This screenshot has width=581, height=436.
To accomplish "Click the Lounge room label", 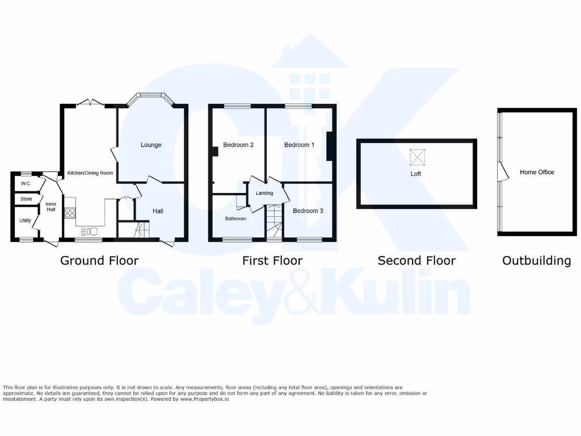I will coord(151,145).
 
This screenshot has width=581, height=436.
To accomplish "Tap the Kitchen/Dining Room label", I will coord(90,173).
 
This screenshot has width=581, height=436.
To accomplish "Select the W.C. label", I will coord(26,184).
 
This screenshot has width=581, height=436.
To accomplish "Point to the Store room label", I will coord(26,199).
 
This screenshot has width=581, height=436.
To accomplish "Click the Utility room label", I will coord(25,220).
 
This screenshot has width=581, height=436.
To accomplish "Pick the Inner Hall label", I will coord(51,206).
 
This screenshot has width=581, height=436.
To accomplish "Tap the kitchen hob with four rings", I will coord(71,213).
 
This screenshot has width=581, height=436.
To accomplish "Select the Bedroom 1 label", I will coord(299,145).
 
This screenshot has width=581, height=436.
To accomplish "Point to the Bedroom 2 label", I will coord(238,145).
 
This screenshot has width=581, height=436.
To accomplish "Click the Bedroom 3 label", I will coord(308,211).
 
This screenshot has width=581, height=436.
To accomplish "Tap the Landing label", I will coord(264,193).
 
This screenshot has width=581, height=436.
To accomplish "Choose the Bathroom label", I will coord(235,219).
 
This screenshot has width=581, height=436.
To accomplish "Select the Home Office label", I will coord(537,172).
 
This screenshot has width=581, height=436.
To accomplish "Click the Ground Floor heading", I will coord(99,261).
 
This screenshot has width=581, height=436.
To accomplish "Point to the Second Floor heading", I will coord(416,261).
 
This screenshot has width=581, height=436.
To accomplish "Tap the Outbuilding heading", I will coord(536,261).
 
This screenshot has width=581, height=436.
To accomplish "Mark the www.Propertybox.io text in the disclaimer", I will coord(205,399).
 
